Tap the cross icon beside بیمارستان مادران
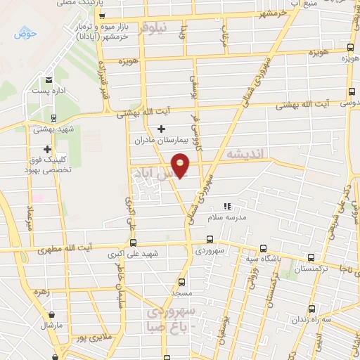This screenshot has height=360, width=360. tap(162, 129)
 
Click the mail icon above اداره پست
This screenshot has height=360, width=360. tap(49, 80)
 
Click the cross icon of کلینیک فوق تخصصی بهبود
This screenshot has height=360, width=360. tap(47, 149)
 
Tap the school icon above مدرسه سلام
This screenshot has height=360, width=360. tap(226, 207)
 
